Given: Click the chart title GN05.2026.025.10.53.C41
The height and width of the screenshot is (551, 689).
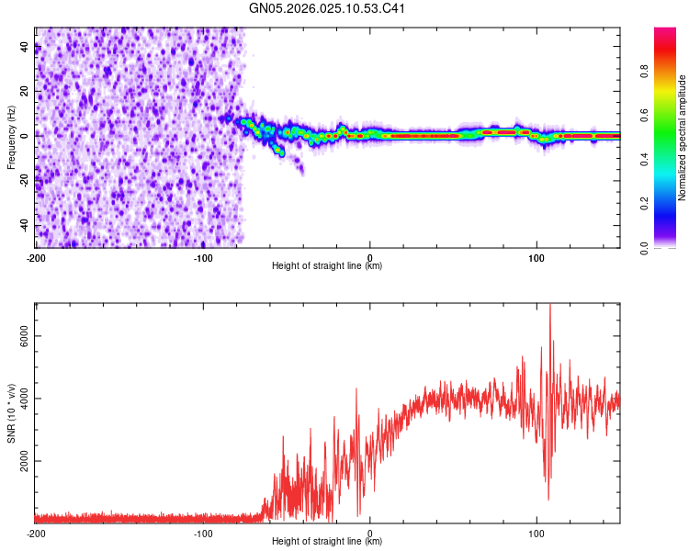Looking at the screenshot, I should pyautogui.click(x=328, y=9).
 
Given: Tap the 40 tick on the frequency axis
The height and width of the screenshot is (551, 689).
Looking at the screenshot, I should pyautogui.click(x=24, y=46).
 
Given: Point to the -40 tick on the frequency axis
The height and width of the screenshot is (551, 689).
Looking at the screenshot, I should pyautogui.click(x=24, y=225).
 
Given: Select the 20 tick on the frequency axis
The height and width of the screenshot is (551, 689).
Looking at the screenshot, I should pyautogui.click(x=24, y=91).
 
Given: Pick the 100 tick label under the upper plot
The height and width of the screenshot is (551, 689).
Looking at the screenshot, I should pyautogui.click(x=537, y=258).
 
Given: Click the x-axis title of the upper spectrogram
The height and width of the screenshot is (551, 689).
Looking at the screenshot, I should pyautogui.click(x=327, y=266).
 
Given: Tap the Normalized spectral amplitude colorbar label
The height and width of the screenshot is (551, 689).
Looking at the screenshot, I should pyautogui.click(x=682, y=138).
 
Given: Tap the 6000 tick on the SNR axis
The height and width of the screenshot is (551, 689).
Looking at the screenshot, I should pyautogui.click(x=24, y=336).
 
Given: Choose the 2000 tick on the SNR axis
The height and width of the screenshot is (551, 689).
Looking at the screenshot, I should pyautogui.click(x=24, y=461).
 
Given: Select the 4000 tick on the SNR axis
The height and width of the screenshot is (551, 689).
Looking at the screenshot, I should pyautogui.click(x=24, y=399).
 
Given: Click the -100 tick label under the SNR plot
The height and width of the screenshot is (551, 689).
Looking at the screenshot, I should pyautogui.click(x=202, y=534).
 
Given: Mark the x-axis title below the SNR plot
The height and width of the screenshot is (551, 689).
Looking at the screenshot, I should pyautogui.click(x=327, y=542).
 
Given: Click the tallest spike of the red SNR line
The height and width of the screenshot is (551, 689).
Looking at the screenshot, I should pyautogui.click(x=550, y=307).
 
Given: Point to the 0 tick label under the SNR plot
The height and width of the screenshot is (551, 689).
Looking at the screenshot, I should pyautogui.click(x=369, y=534).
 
